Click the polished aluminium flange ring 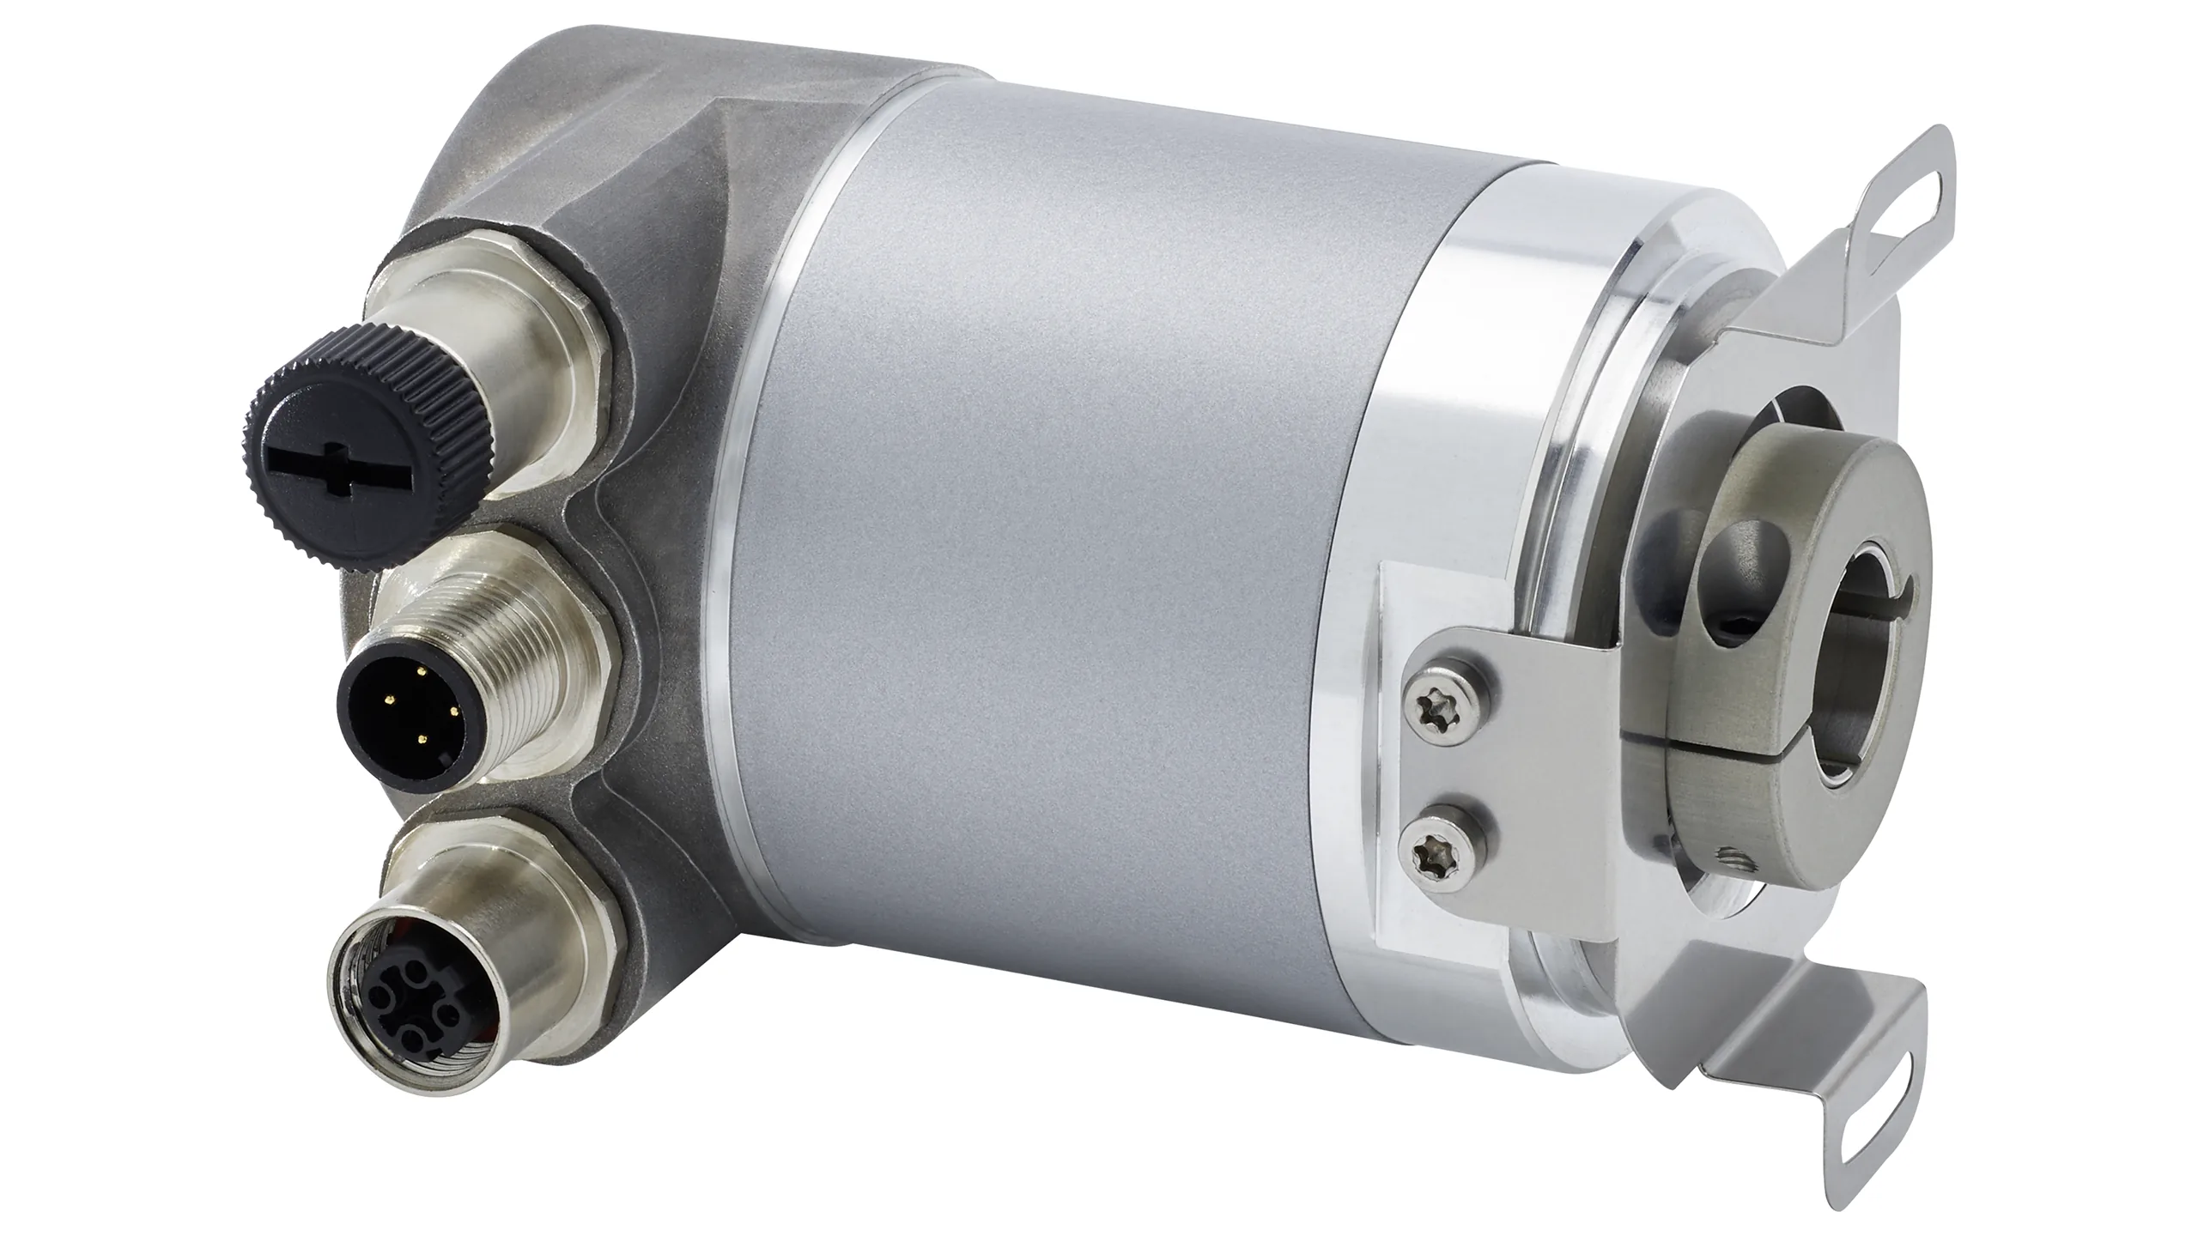tap(1460, 429)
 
